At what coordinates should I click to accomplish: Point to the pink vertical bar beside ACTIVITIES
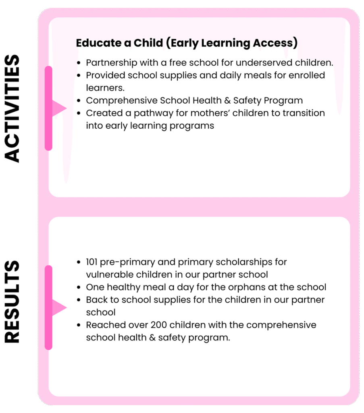pyautogui.click(x=48, y=108)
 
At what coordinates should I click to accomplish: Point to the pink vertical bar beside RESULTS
pyautogui.click(x=48, y=307)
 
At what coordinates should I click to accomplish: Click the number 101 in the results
pyautogui.click(x=93, y=262)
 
